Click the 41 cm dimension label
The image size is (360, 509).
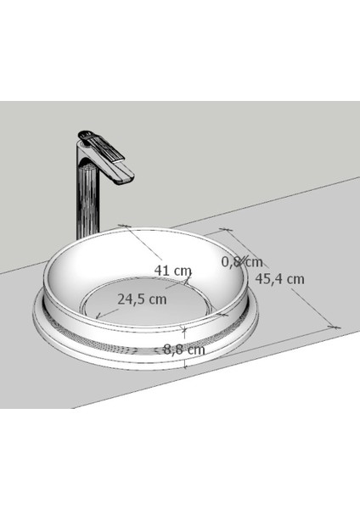[x=173, y=270]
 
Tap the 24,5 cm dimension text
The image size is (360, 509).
[x=143, y=299]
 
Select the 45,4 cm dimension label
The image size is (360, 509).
[x=280, y=278]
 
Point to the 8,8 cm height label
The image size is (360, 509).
[x=184, y=349]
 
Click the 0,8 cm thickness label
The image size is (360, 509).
[x=242, y=261]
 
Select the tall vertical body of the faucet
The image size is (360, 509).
[x=87, y=199]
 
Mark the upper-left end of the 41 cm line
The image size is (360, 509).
[x=124, y=226]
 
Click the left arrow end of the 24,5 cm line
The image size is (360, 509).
[x=97, y=318]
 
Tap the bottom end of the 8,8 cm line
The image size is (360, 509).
[x=185, y=367]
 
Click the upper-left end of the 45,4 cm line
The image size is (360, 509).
[x=225, y=229]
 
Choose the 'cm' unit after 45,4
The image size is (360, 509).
[x=295, y=278]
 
